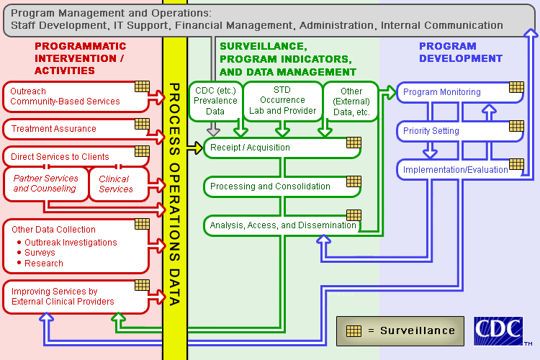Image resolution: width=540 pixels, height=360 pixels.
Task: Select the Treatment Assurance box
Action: (x=68, y=129)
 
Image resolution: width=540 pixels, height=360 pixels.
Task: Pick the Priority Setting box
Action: (x=446, y=131)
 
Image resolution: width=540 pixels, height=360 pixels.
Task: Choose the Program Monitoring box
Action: (x=446, y=92)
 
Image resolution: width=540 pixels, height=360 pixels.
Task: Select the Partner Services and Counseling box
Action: (x=45, y=184)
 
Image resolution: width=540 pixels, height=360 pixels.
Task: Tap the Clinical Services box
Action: (x=116, y=184)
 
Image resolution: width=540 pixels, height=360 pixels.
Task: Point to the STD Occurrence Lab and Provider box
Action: (x=282, y=101)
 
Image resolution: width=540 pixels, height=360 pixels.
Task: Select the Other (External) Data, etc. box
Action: (x=352, y=101)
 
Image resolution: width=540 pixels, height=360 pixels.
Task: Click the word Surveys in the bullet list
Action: (x=40, y=253)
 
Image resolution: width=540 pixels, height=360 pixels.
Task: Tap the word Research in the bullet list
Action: (x=44, y=263)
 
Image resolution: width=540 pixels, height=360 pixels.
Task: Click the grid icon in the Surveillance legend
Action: (x=353, y=330)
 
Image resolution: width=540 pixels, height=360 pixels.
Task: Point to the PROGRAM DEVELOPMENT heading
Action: (x=461, y=52)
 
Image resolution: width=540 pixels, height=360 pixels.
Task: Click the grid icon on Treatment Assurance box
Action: (x=142, y=125)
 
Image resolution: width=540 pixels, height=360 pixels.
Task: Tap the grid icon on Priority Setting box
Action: (x=516, y=126)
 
